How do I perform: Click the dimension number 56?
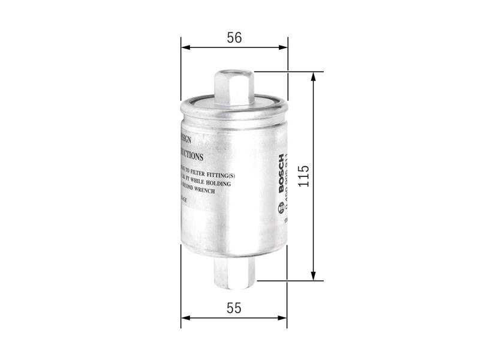(x=234, y=37)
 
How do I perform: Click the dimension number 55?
(x=234, y=308)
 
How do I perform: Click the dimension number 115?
(x=305, y=175)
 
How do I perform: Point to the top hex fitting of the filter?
(x=234, y=87)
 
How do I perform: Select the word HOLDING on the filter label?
(x=216, y=183)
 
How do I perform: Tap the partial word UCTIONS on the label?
(x=191, y=155)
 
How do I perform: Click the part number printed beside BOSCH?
(x=288, y=180)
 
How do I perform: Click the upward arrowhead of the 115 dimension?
(x=313, y=77)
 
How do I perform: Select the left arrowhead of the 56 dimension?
(x=185, y=47)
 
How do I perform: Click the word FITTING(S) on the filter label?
(x=227, y=174)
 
